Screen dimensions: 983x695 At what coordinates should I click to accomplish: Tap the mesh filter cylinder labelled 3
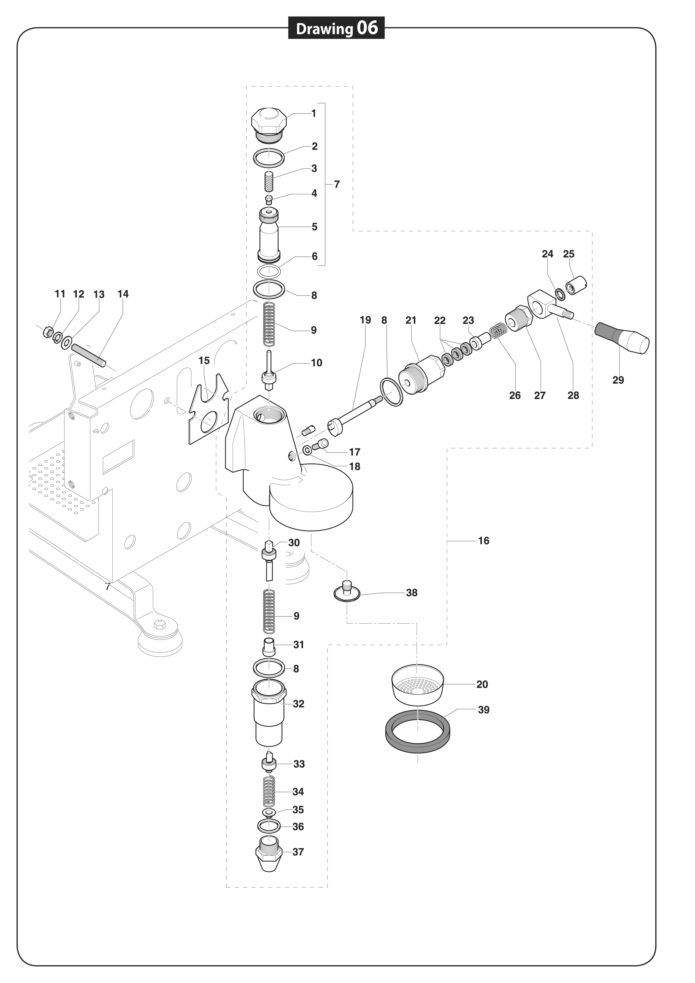point(269,182)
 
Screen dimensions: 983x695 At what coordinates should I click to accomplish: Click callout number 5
point(314,227)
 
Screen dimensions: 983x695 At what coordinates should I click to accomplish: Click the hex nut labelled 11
point(48,331)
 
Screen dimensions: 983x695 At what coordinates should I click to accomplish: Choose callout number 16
point(483,541)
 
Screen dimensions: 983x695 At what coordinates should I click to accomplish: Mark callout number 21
point(411,320)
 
